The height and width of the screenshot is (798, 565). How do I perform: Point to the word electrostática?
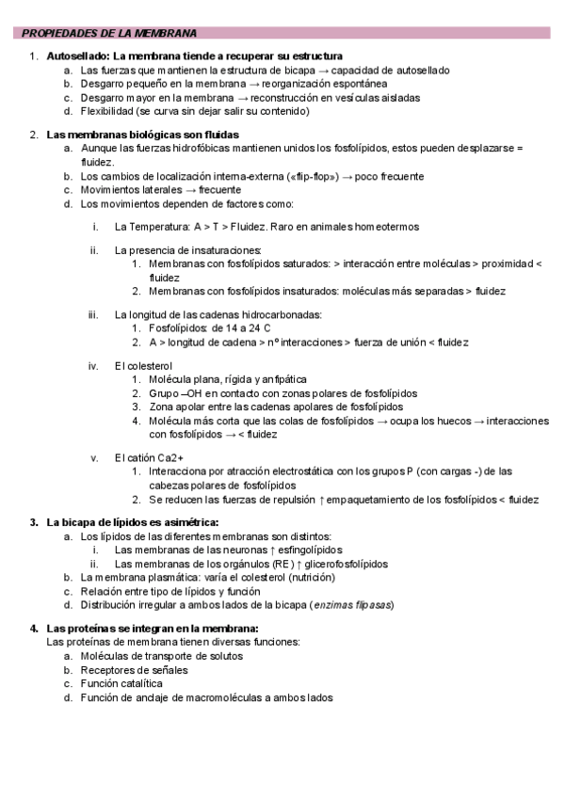click(308, 471)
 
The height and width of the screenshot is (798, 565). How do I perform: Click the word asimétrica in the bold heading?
click(180, 521)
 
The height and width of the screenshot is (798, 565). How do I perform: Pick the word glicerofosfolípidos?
click(344, 564)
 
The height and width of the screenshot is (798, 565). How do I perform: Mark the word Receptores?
click(110, 670)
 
